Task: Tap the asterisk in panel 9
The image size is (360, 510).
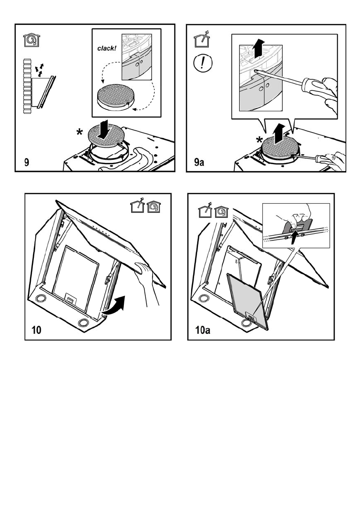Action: pos(79,133)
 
